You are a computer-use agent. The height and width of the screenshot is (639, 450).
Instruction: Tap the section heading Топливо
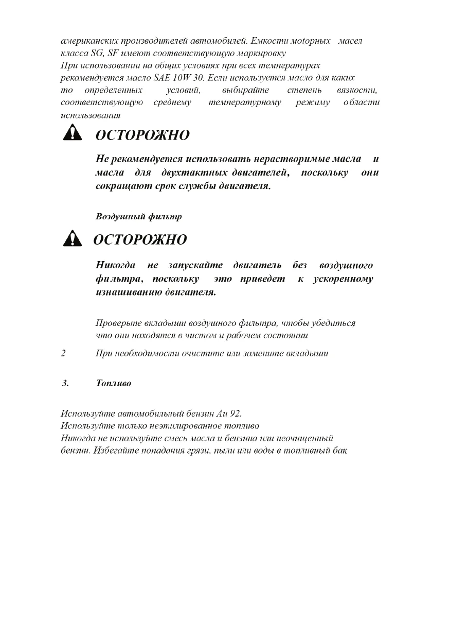pyautogui.click(x=113, y=383)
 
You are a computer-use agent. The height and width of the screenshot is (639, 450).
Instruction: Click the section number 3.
pyautogui.click(x=65, y=383)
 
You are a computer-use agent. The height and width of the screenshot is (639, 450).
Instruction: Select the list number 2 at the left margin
pyautogui.click(x=63, y=353)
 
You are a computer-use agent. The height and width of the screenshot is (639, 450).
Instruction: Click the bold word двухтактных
pyautogui.click(x=194, y=172)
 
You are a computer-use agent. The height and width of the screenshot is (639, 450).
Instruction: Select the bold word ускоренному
pyautogui.click(x=343, y=279)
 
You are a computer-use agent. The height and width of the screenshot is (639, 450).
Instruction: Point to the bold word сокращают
pyautogui.click(x=123, y=186)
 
